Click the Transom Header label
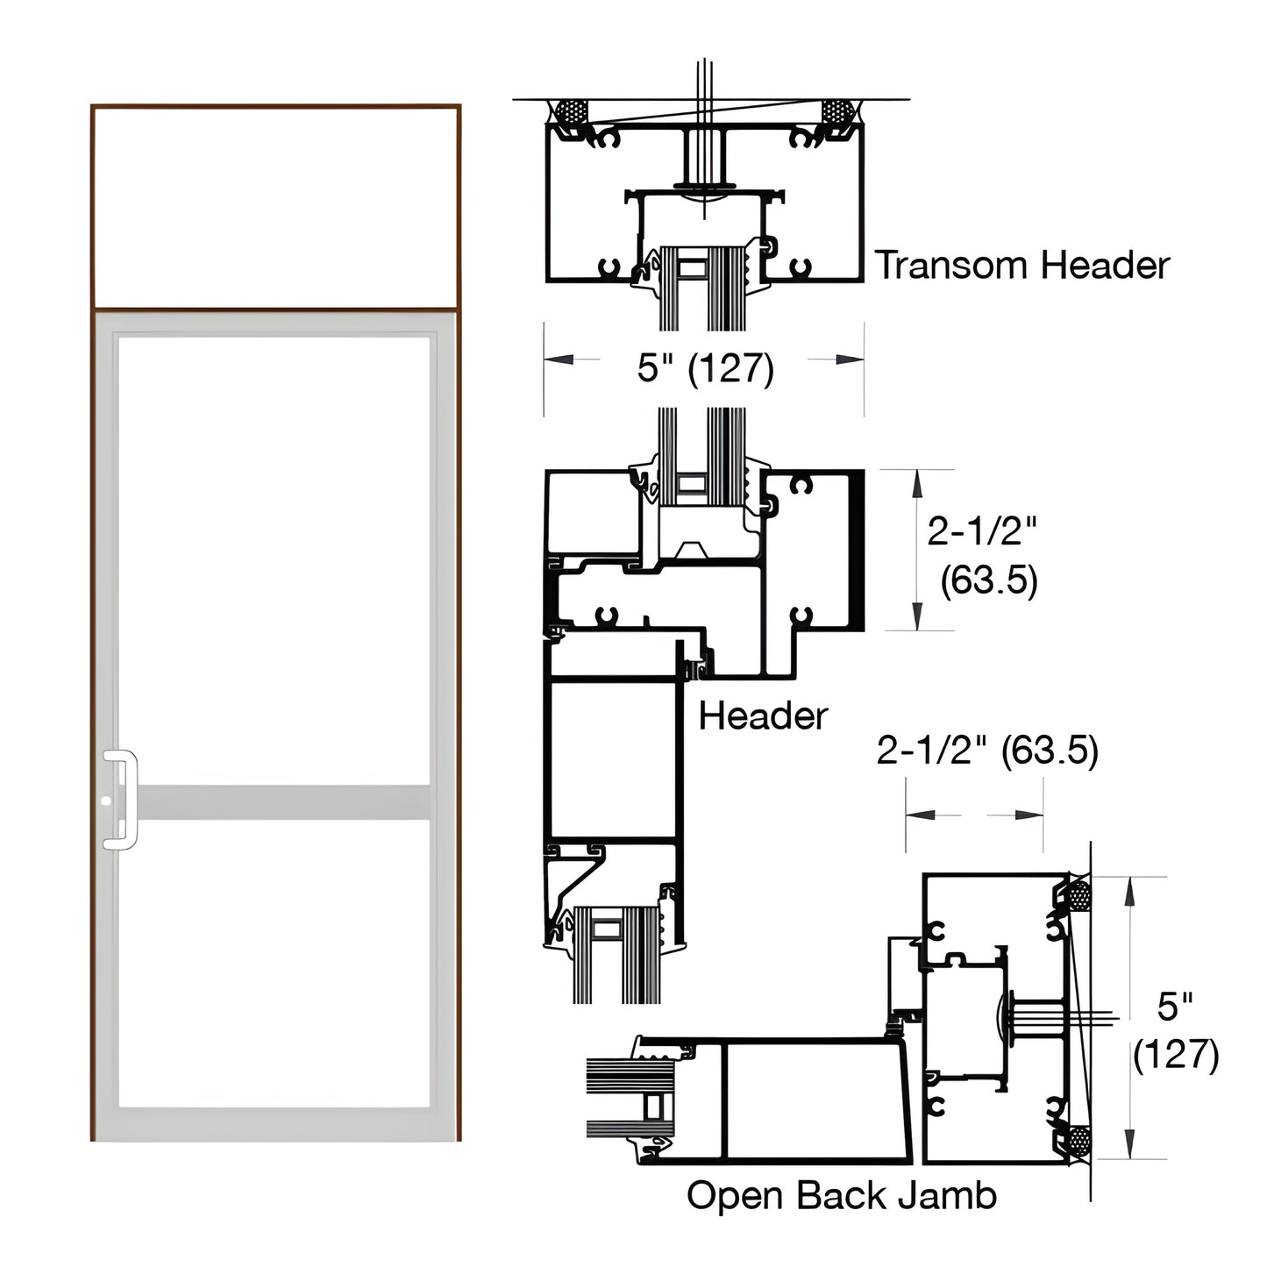pyautogui.click(x=1022, y=265)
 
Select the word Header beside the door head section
pyautogui.click(x=763, y=716)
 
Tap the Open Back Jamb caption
pyautogui.click(x=841, y=1196)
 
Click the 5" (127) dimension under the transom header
pyautogui.click(x=705, y=367)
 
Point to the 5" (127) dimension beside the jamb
pyautogui.click(x=1175, y=1030)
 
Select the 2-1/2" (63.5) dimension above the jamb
pyautogui.click(x=986, y=751)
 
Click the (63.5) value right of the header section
pyautogui.click(x=988, y=580)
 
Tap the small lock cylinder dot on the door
pyautogui.click(x=106, y=801)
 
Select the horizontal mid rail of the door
pyautogui.click(x=283, y=802)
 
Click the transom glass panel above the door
pyautogui.click(x=275, y=207)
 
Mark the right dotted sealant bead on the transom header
pyautogui.click(x=836, y=112)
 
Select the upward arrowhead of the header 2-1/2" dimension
pyautogui.click(x=917, y=484)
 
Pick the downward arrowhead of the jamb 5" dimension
pyautogui.click(x=1130, y=1143)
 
